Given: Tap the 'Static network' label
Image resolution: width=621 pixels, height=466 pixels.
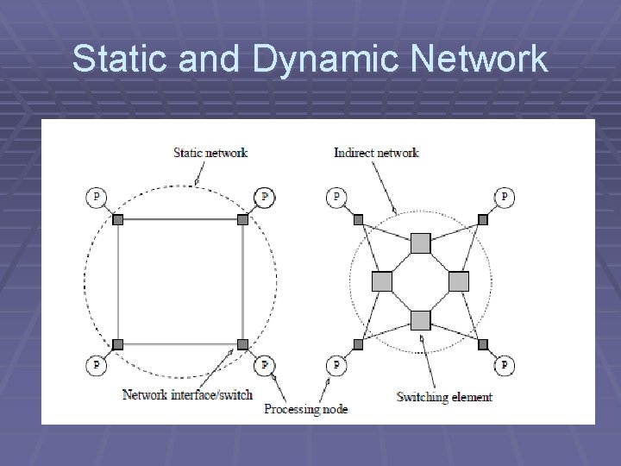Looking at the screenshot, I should [210, 153].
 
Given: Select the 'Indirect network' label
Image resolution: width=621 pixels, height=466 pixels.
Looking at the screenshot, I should [376, 153].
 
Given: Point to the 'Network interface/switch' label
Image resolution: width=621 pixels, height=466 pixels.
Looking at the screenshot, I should [187, 394].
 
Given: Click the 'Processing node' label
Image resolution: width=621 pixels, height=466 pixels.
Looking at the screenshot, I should [305, 408].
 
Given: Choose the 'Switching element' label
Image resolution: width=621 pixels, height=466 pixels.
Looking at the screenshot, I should [444, 397].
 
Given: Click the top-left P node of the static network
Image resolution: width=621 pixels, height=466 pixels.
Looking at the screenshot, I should [96, 198].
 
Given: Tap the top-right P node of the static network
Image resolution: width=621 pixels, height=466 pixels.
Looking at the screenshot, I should [264, 198].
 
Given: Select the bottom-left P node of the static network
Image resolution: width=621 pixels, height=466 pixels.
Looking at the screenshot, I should [96, 366].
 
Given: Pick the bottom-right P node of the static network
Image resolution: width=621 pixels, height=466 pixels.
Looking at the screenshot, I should [264, 366].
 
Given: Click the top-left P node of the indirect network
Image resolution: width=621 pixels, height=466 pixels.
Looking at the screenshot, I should [336, 198].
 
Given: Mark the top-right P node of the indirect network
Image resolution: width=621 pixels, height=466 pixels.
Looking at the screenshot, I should [504, 198].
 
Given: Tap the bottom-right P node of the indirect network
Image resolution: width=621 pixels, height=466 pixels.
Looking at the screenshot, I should [504, 366].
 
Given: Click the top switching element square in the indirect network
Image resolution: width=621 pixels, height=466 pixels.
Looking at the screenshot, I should [420, 242].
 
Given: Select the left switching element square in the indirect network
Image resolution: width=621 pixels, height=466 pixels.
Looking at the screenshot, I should [381, 281].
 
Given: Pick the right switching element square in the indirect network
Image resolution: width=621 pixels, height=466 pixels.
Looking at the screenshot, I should [459, 281].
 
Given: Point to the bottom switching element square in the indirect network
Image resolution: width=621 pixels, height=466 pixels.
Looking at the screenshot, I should [420, 321].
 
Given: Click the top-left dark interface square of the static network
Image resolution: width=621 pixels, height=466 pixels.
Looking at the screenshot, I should [118, 219].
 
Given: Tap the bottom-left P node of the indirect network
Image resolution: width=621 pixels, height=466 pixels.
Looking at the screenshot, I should [336, 366].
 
